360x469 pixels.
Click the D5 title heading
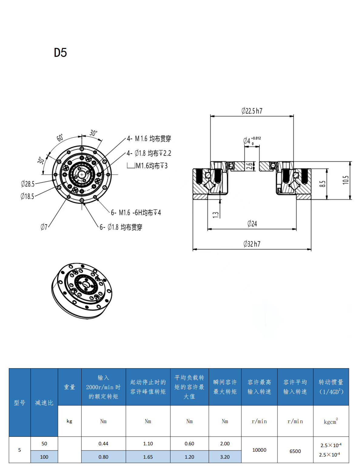(x=60, y=53)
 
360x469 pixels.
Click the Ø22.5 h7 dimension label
(x=252, y=111)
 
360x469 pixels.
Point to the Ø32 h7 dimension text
(x=252, y=244)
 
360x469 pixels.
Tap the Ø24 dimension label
(x=252, y=224)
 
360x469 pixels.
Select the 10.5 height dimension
(x=345, y=180)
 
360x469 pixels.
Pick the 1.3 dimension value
(x=216, y=215)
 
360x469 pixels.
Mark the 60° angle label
(x=60, y=138)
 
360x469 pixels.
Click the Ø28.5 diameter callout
(x=28, y=184)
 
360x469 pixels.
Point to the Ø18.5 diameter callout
(x=27, y=196)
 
